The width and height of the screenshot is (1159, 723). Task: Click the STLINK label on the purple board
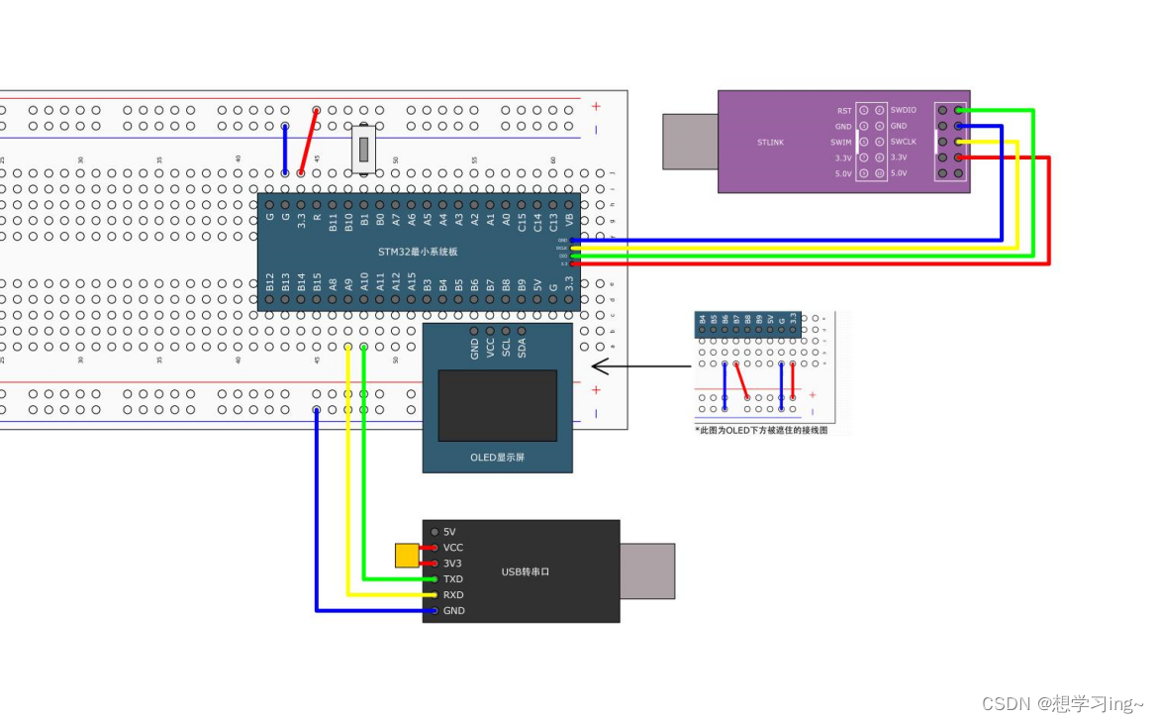(770, 142)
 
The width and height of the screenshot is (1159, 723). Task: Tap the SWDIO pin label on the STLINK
(903, 110)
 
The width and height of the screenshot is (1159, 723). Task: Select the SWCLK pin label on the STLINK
(903, 142)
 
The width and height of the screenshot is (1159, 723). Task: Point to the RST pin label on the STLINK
(844, 110)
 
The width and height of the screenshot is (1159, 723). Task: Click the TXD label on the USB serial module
(453, 579)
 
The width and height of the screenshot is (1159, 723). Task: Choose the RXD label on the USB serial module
(453, 595)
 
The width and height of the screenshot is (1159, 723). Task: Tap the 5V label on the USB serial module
(449, 532)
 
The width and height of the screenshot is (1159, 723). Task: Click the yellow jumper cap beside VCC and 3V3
(406, 556)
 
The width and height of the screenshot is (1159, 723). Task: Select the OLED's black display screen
(498, 405)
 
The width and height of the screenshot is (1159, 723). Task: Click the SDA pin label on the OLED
(523, 348)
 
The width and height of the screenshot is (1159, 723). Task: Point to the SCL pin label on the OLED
(507, 348)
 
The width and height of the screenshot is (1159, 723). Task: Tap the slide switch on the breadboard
(364, 150)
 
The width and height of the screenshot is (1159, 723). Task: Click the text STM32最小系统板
(417, 252)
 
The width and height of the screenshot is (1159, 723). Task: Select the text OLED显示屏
(498, 458)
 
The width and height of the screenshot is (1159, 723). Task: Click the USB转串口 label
(525, 571)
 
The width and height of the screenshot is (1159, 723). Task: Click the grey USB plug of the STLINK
(690, 141)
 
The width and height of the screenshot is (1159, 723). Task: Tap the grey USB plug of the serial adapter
(647, 570)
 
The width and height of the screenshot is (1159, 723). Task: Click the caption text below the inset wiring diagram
(760, 431)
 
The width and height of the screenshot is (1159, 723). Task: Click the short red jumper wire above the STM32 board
(309, 142)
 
